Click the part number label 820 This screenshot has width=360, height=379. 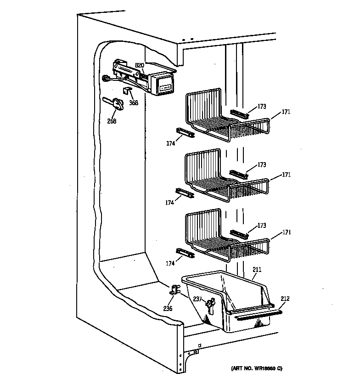139,65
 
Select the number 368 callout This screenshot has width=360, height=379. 133,102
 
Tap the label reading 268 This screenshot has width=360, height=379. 112,121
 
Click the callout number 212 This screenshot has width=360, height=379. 285,299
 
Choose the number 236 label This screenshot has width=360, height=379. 168,308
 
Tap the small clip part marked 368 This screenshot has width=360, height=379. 128,91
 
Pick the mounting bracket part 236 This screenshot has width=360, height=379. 175,289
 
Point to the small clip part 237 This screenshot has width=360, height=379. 210,303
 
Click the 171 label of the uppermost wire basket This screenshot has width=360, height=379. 286,112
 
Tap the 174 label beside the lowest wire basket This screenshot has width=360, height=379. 170,263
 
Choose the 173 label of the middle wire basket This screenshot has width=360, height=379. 262,164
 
